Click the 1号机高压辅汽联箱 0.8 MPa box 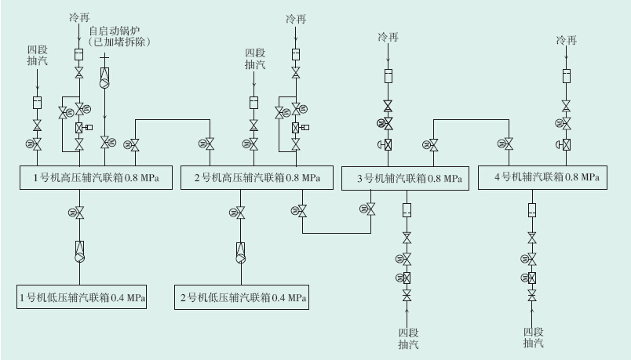tap(96, 177)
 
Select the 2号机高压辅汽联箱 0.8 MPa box tap(257, 177)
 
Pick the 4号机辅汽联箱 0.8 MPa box tap(542, 177)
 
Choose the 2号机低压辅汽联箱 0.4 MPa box tap(242, 297)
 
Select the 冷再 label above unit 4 tap(566, 40)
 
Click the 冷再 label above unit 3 tap(388, 37)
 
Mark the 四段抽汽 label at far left tap(37, 54)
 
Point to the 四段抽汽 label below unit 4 tap(533, 337)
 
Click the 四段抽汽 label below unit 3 tap(408, 337)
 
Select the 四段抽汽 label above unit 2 tap(254, 59)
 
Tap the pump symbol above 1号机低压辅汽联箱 tap(79, 251)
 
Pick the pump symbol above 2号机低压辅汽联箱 tap(241, 252)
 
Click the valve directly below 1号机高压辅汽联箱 tap(79, 213)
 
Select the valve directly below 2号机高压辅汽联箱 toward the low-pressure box tap(241, 213)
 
